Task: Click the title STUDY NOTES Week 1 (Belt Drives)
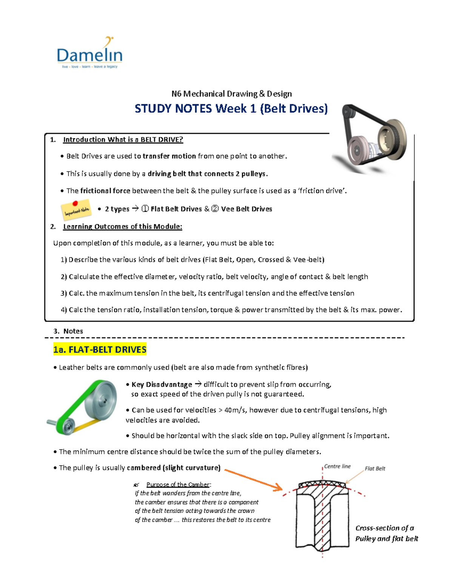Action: (x=231, y=109)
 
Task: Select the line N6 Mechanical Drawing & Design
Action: (x=231, y=94)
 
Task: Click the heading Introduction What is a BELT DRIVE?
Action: (x=123, y=139)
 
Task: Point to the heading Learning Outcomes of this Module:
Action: (x=122, y=226)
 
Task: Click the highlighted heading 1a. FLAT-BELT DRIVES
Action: (x=100, y=350)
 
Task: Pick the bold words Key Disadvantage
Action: (x=162, y=384)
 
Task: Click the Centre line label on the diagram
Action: (x=337, y=466)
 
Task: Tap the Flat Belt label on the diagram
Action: (x=374, y=469)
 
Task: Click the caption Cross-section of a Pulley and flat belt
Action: (x=386, y=533)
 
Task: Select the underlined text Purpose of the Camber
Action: (x=178, y=485)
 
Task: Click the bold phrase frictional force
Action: (x=105, y=191)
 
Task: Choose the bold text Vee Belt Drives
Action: (x=246, y=209)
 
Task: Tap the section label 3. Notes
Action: (x=68, y=331)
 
